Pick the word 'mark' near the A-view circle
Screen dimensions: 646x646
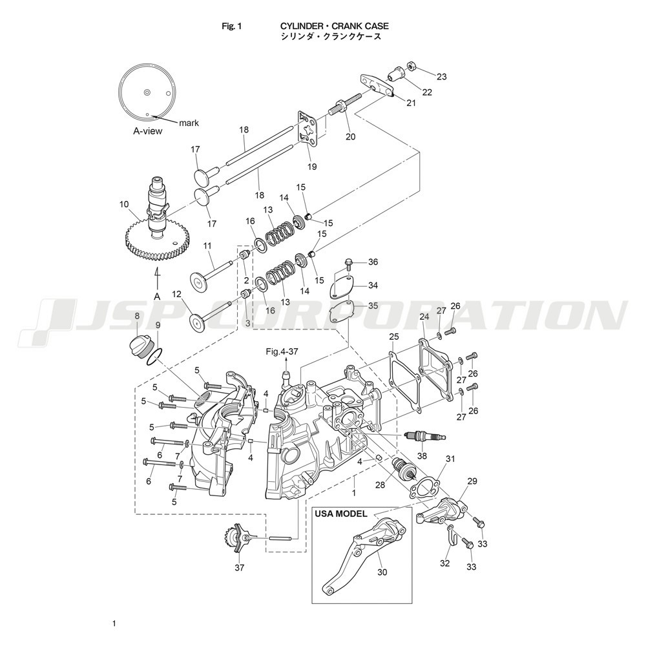[x=189, y=123]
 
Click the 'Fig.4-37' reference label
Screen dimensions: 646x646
[x=282, y=351]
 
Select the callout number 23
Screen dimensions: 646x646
[x=441, y=77]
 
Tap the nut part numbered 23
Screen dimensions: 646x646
[x=411, y=65]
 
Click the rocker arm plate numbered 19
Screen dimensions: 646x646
[x=309, y=128]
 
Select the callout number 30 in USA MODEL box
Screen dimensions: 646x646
[x=382, y=572]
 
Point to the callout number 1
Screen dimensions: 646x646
[x=353, y=492]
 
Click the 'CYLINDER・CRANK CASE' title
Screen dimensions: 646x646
[x=334, y=26]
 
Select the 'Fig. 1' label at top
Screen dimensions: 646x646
[x=232, y=26]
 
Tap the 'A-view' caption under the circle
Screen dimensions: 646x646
[x=147, y=131]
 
